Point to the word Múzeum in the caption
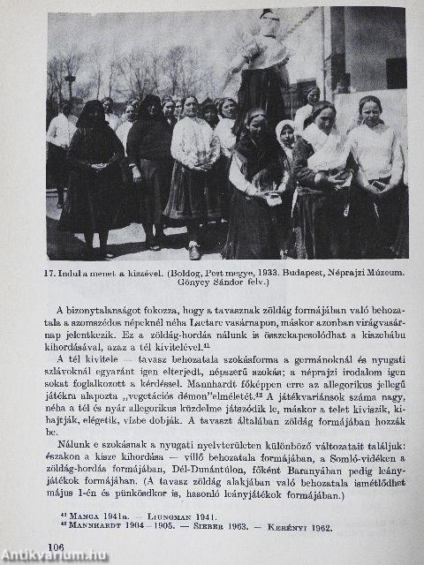pos(385,275)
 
